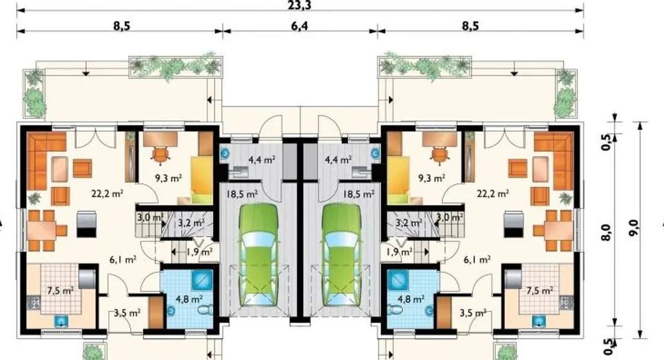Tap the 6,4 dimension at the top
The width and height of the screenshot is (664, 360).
299,26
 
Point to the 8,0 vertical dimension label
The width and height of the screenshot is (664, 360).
606,233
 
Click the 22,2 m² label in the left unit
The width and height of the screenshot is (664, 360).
107,194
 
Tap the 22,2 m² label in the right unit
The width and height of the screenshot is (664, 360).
493,194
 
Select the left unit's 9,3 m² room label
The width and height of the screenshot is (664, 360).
168,178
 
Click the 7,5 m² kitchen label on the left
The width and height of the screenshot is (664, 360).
60,291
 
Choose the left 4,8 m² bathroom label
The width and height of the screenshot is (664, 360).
189,299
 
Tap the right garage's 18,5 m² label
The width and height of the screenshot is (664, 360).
358,194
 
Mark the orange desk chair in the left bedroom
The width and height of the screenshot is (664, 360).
161,154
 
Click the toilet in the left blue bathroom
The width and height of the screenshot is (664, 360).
205,310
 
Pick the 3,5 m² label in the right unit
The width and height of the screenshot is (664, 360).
473,313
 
